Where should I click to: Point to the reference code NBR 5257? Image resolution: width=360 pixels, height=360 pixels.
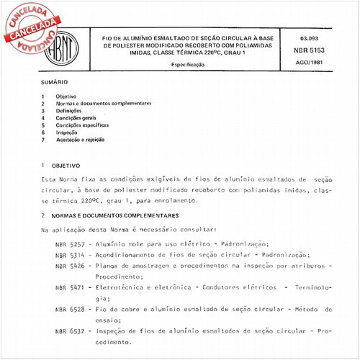pyautogui.click(x=70, y=246)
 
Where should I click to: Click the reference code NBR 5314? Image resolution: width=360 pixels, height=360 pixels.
pyautogui.click(x=70, y=256)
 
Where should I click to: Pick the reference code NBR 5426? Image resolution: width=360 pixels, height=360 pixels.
pyautogui.click(x=70, y=266)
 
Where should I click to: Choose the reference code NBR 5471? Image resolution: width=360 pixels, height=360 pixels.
pyautogui.click(x=70, y=287)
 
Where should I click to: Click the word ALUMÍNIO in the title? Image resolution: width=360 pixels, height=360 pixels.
pyautogui.click(x=133, y=36)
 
